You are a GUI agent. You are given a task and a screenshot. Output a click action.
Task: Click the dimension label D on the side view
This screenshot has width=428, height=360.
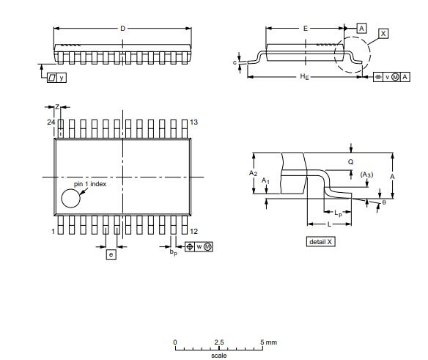coord(123,29)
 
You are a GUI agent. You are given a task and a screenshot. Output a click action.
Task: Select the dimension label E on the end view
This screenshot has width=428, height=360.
coord(305,28)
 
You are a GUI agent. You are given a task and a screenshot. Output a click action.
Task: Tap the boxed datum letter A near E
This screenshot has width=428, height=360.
coord(361,28)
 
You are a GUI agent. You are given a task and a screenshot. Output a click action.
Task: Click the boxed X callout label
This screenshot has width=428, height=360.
coord(384,34)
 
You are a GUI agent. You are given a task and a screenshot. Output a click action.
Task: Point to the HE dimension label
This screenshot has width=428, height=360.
coord(304,77)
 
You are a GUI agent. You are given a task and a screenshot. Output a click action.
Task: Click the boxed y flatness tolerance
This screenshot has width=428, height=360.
coord(56,76)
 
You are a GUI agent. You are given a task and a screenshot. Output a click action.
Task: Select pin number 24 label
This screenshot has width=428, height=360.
coord(51,122)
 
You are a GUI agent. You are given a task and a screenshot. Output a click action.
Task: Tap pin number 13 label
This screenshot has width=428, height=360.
coord(194,122)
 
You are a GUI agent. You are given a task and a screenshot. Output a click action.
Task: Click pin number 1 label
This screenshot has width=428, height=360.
coord(53,231)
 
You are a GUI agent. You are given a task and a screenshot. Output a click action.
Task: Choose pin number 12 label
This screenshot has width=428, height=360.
coord(194,231)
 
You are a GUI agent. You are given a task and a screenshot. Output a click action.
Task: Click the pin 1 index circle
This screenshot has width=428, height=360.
coord(70,198)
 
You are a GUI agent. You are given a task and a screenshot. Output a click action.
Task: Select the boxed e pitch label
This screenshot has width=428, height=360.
coord(111,254)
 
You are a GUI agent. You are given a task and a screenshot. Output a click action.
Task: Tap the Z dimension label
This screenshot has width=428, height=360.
coord(57,107)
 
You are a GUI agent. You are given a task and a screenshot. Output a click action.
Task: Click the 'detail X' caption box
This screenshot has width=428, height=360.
coord(320,241)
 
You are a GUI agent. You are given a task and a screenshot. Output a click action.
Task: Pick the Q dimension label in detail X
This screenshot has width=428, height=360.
coord(350,161)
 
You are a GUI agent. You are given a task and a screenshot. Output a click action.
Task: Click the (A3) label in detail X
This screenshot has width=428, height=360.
coord(367,175)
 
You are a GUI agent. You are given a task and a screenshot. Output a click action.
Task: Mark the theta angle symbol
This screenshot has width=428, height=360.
coord(383,202)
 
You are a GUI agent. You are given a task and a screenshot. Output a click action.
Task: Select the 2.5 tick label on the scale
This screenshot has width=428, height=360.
coord(219,342)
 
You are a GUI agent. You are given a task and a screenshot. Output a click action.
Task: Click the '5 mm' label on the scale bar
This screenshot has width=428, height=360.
coord(268,342)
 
